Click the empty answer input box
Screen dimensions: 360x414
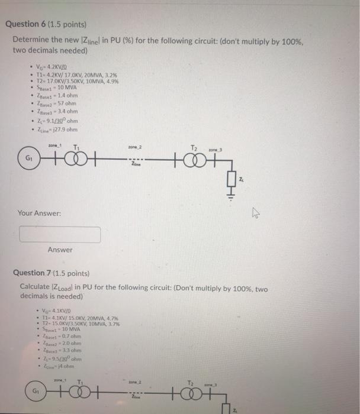coord(60,235)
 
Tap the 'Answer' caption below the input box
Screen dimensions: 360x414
coord(60,250)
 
